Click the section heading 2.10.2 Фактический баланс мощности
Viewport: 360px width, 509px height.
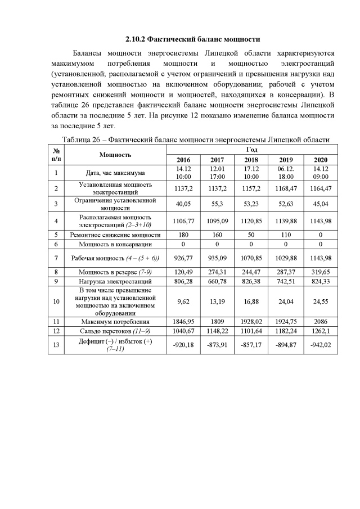[192, 40]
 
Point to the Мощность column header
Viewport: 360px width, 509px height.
[116, 154]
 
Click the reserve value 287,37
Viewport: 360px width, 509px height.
[285, 272]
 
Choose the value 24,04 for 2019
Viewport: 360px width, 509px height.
[285, 301]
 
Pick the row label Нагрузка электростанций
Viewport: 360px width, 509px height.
[116, 281]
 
